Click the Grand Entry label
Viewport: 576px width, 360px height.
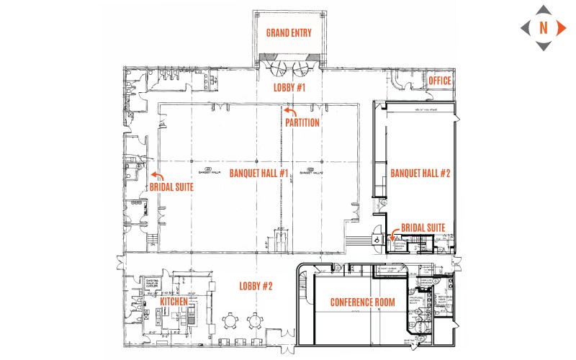click(x=288, y=33)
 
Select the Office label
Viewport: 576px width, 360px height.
click(x=439, y=81)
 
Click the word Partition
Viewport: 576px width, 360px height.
click(x=302, y=122)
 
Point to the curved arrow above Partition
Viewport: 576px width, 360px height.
click(x=289, y=111)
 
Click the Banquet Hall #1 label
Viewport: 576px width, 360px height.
click(x=259, y=173)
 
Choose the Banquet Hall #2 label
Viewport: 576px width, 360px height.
click(x=420, y=174)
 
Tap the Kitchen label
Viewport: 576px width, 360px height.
click(x=174, y=303)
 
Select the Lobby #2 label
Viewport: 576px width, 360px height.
click(x=256, y=287)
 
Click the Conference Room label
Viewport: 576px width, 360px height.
click(x=363, y=302)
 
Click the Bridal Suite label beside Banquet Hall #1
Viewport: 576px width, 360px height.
click(x=171, y=187)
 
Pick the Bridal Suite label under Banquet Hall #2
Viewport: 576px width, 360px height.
click(x=423, y=228)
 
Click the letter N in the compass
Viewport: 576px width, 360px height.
click(x=543, y=28)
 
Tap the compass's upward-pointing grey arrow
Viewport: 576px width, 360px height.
click(x=543, y=9)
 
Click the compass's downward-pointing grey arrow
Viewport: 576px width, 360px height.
click(x=543, y=47)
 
